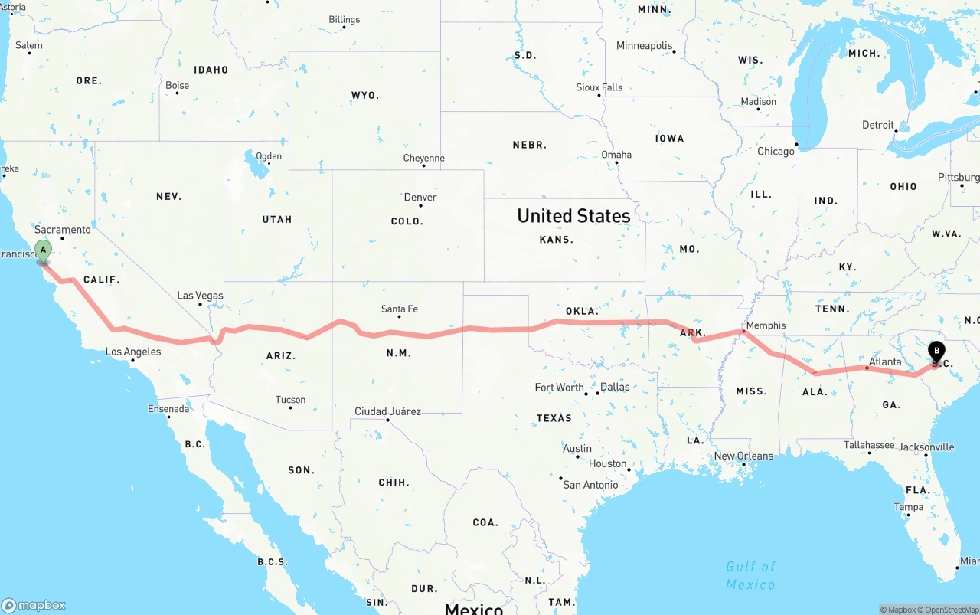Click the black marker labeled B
point(936,352)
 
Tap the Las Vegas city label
point(200,296)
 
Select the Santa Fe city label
point(400,309)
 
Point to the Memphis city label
point(766,325)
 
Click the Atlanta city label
point(885,361)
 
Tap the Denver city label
point(420,198)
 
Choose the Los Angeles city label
point(133,352)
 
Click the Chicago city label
point(776,152)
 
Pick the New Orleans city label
point(743,456)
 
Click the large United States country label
point(573,216)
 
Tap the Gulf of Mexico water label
point(750,575)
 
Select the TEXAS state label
point(554,418)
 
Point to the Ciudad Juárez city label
point(387,412)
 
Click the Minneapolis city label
point(644,46)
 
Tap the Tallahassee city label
point(869,445)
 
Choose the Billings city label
point(344,20)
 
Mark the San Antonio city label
point(590,485)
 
